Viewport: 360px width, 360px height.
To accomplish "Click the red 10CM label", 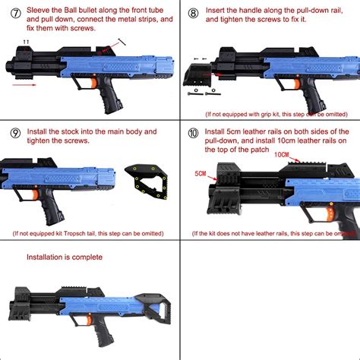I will pos(282,155).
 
